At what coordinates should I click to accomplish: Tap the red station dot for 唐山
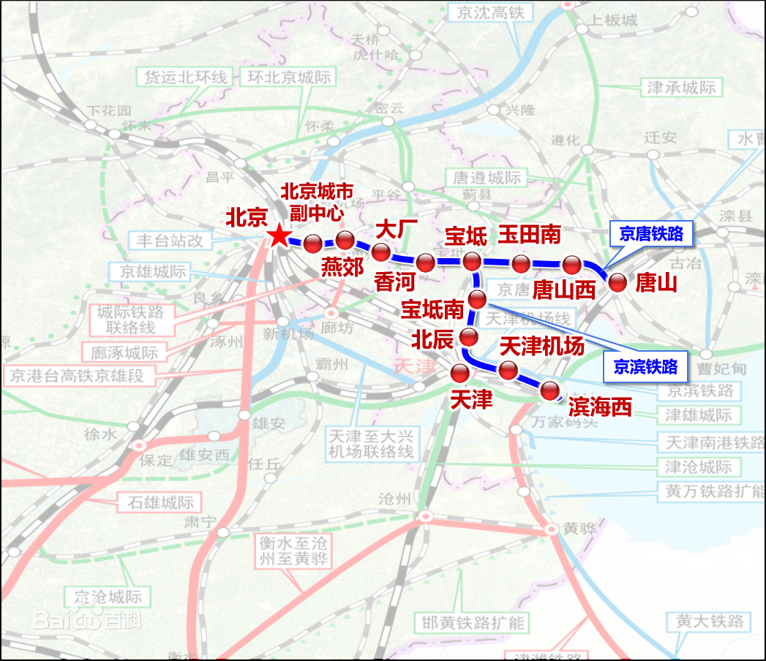[x=617, y=283]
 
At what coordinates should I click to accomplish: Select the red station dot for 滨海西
[x=550, y=391]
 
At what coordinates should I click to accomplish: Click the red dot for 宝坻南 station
[x=478, y=299]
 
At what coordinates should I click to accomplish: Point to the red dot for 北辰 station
[x=468, y=338]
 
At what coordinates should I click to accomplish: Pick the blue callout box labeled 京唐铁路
[x=650, y=233]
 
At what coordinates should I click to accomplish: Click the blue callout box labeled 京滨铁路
[x=645, y=366]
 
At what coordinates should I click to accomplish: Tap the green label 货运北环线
[x=186, y=77]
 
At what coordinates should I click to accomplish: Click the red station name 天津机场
[x=541, y=346]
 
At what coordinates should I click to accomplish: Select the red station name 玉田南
[x=530, y=235]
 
